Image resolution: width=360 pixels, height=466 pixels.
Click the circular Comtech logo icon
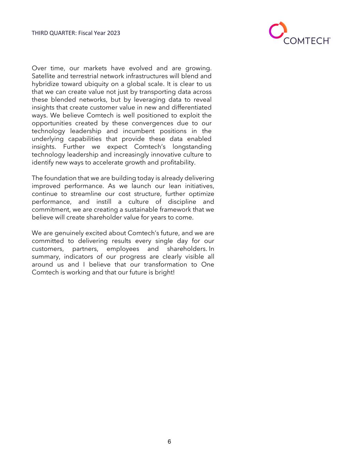[x=277, y=30]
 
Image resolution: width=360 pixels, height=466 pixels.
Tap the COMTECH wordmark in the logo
[x=306, y=41]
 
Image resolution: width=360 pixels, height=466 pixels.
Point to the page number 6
[x=169, y=442]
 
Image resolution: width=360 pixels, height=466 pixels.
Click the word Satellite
[x=43, y=76]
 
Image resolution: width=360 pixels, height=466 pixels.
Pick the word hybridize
[x=45, y=84]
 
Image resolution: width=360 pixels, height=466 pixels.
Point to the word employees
[x=123, y=249]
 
